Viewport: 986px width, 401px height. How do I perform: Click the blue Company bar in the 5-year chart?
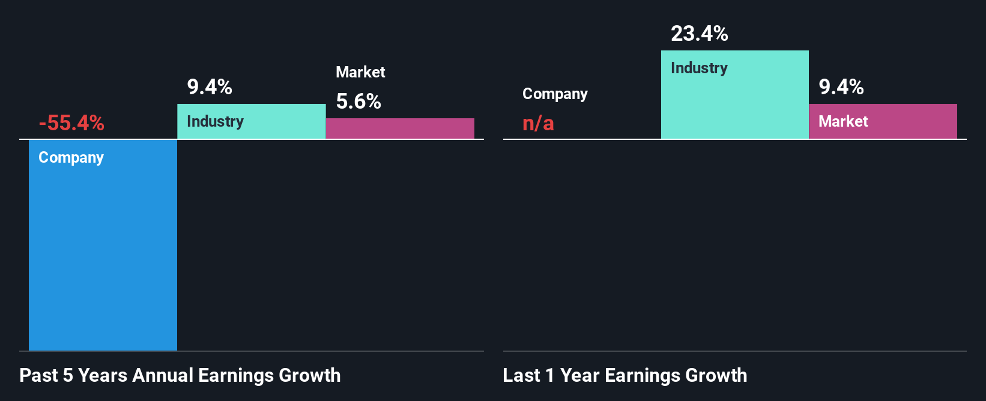(x=103, y=252)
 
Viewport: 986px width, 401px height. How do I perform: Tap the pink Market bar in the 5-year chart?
(x=400, y=128)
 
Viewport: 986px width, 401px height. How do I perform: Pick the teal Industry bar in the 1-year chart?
(x=734, y=102)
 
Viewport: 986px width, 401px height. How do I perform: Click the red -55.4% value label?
(x=71, y=123)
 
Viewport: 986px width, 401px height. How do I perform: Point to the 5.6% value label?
(x=358, y=101)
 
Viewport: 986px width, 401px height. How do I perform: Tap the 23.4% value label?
(x=699, y=34)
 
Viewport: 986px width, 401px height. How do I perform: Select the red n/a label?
(x=538, y=123)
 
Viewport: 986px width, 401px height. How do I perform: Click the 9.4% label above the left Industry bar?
(x=210, y=87)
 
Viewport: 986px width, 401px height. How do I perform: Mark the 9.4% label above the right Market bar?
(x=841, y=87)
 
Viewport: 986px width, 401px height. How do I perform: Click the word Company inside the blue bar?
(x=71, y=157)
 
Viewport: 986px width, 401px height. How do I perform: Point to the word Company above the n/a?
(x=555, y=94)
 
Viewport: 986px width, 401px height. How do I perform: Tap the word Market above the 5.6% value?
(x=360, y=72)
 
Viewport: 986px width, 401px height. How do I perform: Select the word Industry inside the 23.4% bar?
(x=699, y=68)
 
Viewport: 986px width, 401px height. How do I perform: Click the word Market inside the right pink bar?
(x=843, y=121)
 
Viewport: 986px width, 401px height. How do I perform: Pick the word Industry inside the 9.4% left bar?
(x=215, y=121)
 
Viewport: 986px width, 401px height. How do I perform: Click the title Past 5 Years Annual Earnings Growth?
(x=180, y=375)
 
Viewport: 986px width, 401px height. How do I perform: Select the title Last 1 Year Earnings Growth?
(x=625, y=375)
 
